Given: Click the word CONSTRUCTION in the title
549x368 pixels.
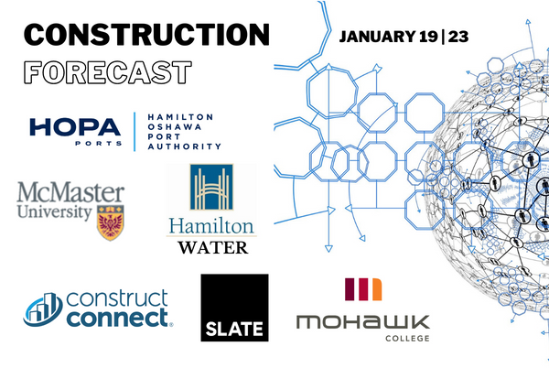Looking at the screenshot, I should (x=146, y=35).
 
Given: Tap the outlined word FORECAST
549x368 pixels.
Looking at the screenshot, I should (x=107, y=72).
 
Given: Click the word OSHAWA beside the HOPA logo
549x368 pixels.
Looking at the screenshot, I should (x=171, y=129).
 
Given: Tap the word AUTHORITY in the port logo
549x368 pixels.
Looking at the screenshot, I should (x=186, y=146).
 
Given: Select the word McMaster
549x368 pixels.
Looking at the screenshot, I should (x=71, y=194).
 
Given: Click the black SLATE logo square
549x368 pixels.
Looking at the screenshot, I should (x=234, y=308).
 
